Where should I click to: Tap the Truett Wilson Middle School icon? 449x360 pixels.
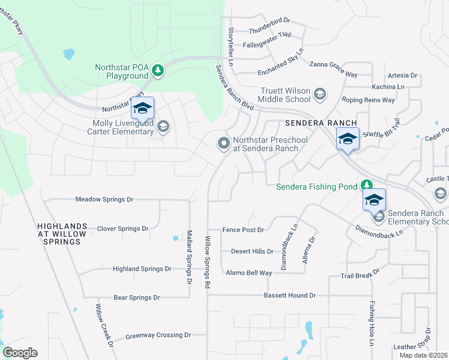(x=320, y=94)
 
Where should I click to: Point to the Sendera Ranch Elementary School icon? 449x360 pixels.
(x=379, y=217)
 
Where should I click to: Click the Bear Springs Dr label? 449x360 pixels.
(x=137, y=298)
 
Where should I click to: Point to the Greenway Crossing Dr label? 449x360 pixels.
(x=158, y=336)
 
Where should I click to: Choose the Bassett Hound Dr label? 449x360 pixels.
(x=289, y=296)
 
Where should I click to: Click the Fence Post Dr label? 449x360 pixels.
(x=243, y=229)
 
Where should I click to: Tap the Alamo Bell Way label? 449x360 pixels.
(x=249, y=273)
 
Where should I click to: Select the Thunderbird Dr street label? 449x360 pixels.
(x=269, y=20)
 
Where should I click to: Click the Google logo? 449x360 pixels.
(x=20, y=353)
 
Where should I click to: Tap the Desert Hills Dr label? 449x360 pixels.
(x=252, y=252)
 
